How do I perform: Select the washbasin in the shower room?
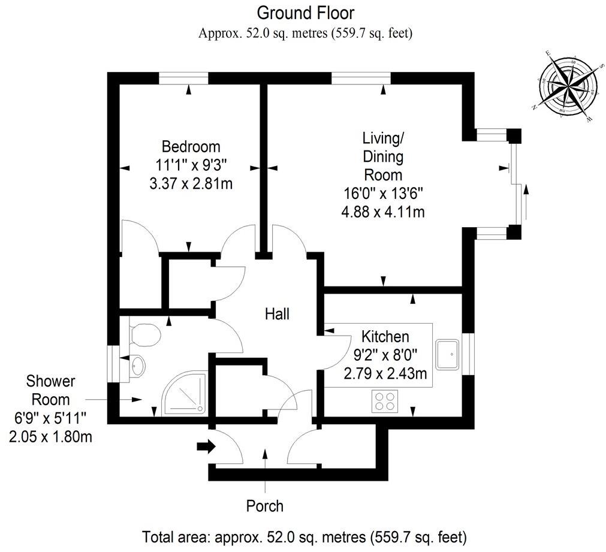(137, 364)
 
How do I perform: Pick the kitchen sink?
(448, 354)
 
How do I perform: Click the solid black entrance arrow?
(206, 447)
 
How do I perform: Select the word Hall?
(278, 313)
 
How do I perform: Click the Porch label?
(264, 506)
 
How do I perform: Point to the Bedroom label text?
(191, 146)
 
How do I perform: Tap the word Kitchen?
(384, 337)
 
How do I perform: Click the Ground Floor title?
(306, 12)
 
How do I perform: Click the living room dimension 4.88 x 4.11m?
(382, 212)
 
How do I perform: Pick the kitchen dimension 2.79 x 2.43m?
(385, 374)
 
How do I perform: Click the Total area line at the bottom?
(304, 535)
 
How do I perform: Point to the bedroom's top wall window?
(183, 78)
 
